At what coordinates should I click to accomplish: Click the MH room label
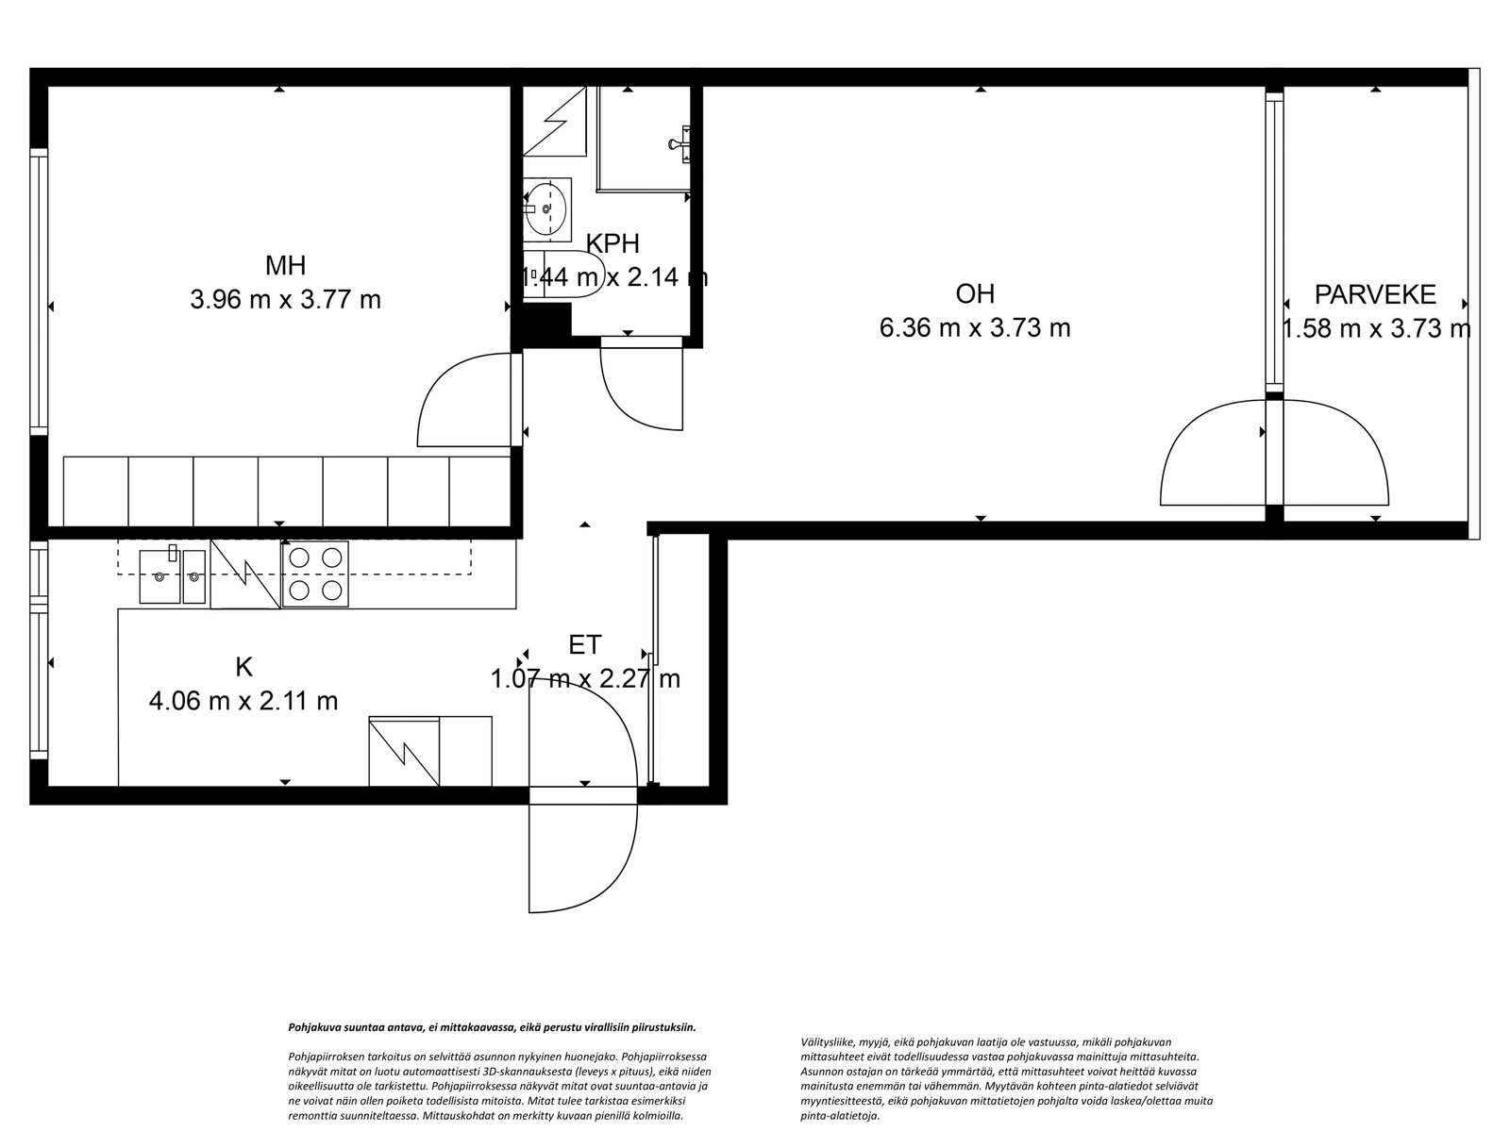(286, 265)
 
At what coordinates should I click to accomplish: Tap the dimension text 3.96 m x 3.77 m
(286, 300)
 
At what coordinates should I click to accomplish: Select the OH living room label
(975, 294)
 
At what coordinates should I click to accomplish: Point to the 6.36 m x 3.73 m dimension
(975, 328)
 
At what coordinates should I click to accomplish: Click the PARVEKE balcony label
(1375, 295)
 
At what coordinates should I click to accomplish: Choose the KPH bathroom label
(612, 243)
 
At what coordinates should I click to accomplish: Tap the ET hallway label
(585, 644)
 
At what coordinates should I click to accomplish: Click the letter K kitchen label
(243, 667)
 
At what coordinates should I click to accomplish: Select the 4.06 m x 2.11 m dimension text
(243, 701)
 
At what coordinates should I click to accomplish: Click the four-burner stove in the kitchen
(315, 574)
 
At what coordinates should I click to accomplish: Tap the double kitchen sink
(172, 576)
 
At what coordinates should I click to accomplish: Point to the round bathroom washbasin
(546, 208)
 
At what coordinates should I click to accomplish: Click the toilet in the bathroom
(563, 275)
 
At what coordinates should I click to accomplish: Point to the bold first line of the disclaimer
(492, 1027)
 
